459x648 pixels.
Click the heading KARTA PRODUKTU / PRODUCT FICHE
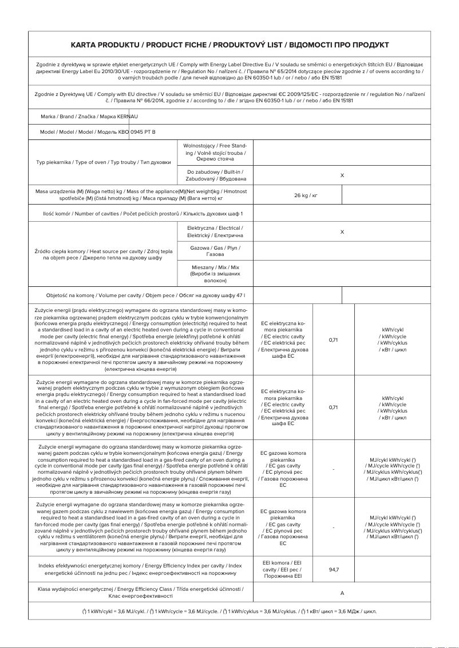point(229,45)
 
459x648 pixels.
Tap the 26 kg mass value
point(305,195)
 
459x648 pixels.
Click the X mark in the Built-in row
point(342,175)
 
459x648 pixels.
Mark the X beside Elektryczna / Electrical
point(342,232)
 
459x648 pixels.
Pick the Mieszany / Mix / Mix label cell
point(215,274)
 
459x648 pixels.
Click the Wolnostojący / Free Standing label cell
point(215,153)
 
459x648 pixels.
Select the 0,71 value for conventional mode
point(333,340)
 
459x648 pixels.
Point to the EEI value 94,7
point(333,570)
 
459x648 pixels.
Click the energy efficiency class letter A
point(342,593)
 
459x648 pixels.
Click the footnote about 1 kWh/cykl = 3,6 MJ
point(229,611)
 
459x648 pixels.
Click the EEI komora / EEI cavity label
point(282,570)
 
